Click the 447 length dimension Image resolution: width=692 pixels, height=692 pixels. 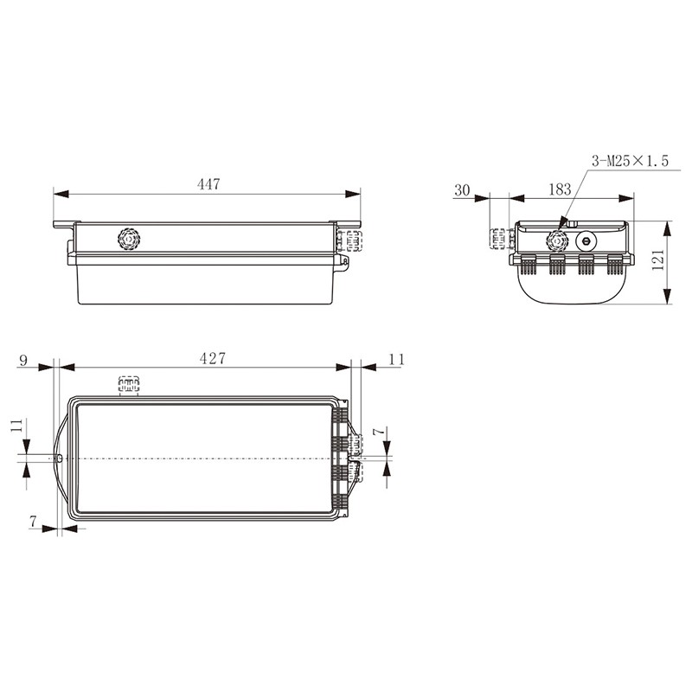pyautogui.click(x=208, y=184)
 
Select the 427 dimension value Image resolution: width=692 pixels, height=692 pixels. pyautogui.click(x=212, y=358)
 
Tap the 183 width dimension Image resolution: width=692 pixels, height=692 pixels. pyautogui.click(x=560, y=189)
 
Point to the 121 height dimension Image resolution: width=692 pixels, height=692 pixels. pyautogui.click(x=657, y=259)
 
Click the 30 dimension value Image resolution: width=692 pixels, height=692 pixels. pyautogui.click(x=462, y=190)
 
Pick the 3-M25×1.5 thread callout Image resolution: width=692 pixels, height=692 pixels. pyautogui.click(x=631, y=161)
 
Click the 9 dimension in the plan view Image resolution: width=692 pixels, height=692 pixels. pyautogui.click(x=23, y=361)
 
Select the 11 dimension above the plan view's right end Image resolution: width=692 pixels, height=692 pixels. pyautogui.click(x=397, y=359)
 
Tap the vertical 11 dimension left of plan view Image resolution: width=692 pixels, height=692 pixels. pyautogui.click(x=16, y=426)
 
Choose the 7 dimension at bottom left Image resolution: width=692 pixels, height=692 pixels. pyautogui.click(x=33, y=522)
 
